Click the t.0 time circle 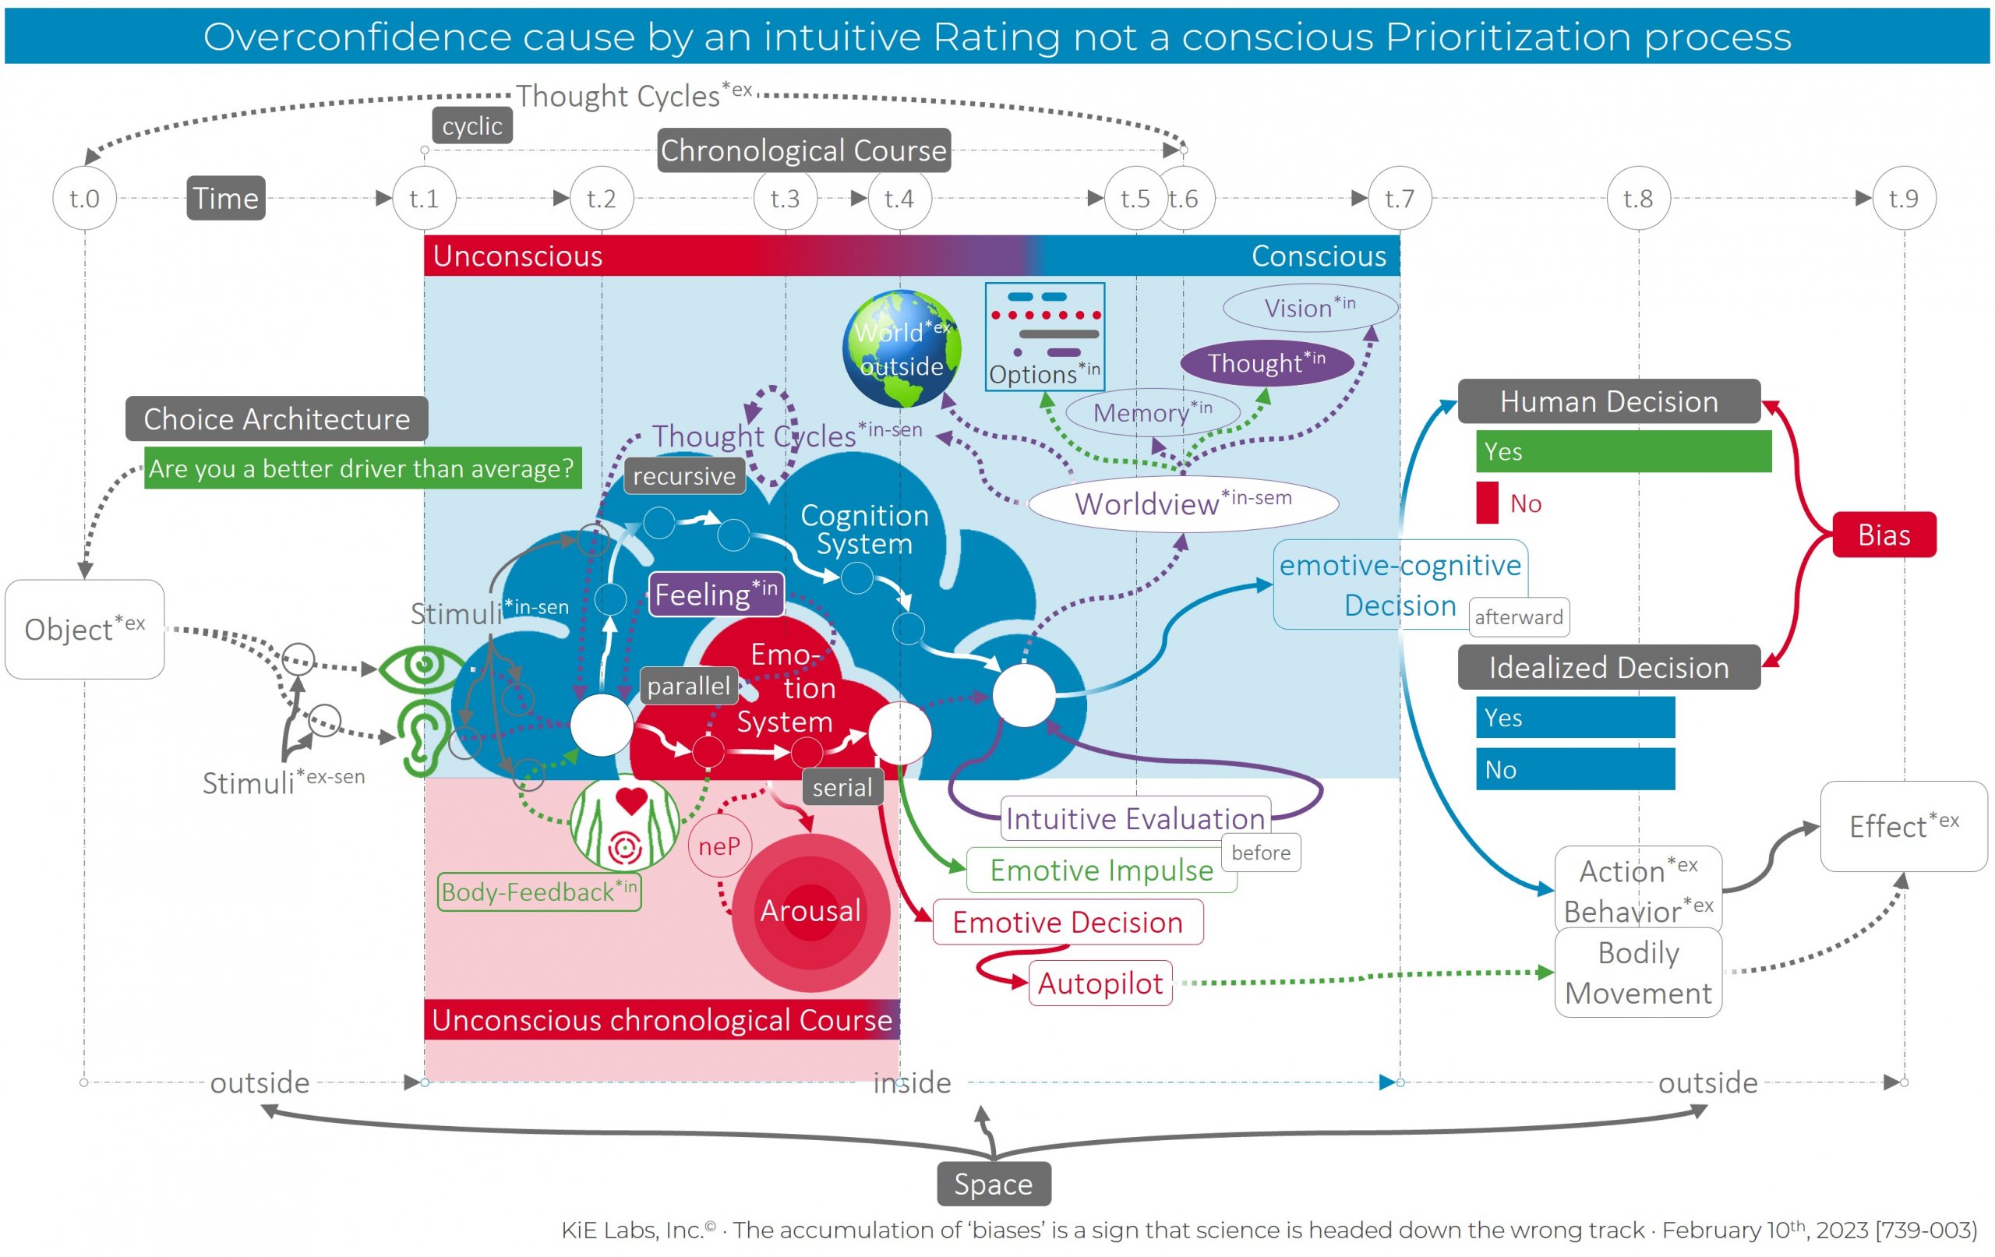click(x=84, y=198)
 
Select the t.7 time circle click(x=1400, y=198)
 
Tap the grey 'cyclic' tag click(x=472, y=126)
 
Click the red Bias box click(x=1883, y=535)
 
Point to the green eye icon click(x=422, y=666)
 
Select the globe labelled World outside click(x=902, y=348)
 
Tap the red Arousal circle click(x=810, y=912)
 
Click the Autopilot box click(x=1100, y=983)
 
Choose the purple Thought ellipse click(x=1266, y=363)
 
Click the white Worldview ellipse click(x=1183, y=503)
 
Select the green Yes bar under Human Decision click(x=1623, y=451)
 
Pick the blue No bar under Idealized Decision click(x=1574, y=769)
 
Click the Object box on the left click(x=84, y=629)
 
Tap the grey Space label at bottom click(x=994, y=1183)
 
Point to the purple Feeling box click(x=716, y=594)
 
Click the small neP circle click(x=719, y=846)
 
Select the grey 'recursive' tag click(x=684, y=475)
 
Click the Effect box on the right click(x=1903, y=825)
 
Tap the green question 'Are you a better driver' click(x=362, y=468)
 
